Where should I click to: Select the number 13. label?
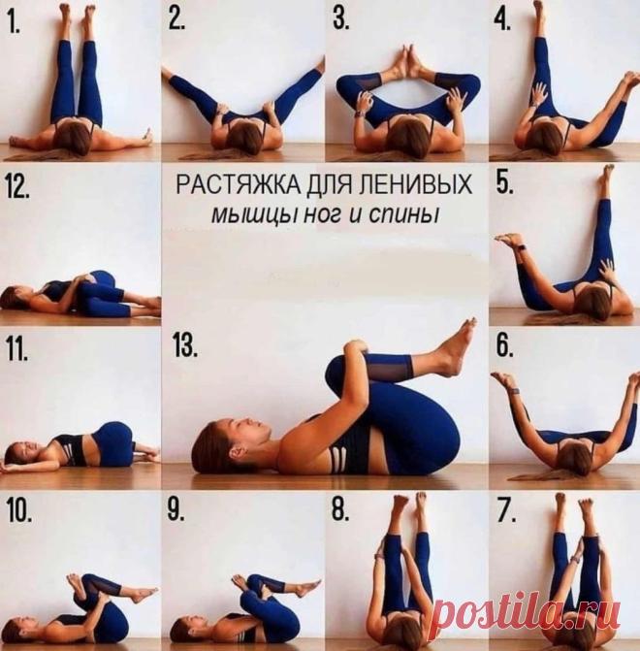click(x=184, y=345)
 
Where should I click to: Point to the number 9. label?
click(x=176, y=509)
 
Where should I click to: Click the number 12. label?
click(x=17, y=187)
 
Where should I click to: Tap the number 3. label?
click(x=340, y=18)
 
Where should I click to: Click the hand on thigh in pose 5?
click(x=607, y=272)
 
